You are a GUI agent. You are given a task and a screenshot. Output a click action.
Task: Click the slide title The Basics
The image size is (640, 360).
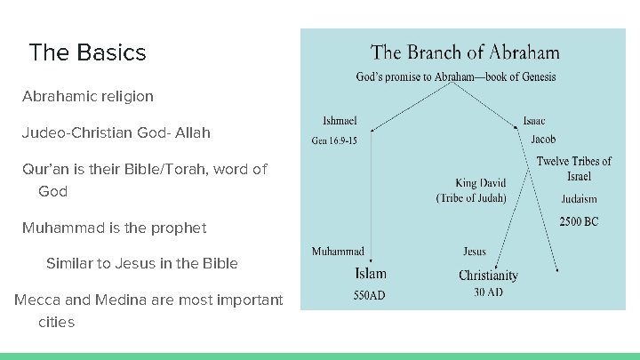tap(87, 52)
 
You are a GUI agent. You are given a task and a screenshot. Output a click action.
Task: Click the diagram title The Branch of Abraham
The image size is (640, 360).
tap(465, 52)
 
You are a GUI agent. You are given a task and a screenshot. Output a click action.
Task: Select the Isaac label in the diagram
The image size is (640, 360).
tap(534, 121)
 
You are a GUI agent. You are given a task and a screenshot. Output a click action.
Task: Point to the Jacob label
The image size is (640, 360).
tap(543, 140)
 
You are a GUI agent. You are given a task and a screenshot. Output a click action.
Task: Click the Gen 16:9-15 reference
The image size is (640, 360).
tap(334, 140)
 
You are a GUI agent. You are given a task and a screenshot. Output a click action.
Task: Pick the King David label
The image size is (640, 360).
tap(481, 183)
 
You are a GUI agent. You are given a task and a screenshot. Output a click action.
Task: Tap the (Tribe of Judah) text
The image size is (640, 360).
tap(471, 198)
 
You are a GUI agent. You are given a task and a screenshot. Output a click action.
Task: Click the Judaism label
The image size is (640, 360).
tap(578, 199)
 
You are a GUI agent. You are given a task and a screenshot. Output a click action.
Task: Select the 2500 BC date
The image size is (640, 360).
tap(578, 220)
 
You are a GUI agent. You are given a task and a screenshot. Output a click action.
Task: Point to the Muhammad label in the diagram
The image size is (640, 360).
tap(338, 252)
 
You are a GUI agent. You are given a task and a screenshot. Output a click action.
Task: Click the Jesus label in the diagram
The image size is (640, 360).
tap(475, 252)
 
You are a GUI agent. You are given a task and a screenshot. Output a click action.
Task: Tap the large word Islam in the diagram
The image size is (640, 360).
tap(371, 273)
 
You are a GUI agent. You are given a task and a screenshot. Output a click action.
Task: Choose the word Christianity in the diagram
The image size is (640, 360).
tap(488, 275)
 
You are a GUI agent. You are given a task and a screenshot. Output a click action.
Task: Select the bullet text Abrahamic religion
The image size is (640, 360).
tap(88, 96)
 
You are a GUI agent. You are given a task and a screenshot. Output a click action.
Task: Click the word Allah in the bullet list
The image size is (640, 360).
tap(192, 132)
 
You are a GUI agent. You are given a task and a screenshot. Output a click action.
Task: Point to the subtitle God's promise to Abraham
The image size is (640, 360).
tap(456, 77)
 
